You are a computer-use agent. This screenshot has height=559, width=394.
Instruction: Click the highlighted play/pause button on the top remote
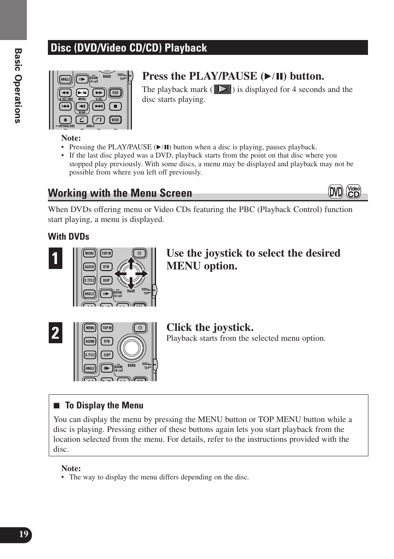click(x=82, y=93)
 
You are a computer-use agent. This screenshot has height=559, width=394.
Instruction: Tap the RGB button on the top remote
click(x=115, y=93)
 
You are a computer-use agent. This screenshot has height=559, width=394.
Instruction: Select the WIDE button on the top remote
click(x=115, y=120)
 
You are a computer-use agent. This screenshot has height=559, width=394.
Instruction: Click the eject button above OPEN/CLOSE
click(x=65, y=120)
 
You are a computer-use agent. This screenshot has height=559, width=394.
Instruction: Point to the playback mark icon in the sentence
click(x=223, y=89)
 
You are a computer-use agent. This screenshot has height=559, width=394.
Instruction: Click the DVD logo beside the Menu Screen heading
click(x=335, y=192)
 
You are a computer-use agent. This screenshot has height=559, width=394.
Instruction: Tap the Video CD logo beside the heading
click(x=354, y=192)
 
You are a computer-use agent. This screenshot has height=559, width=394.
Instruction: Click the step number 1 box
click(x=55, y=259)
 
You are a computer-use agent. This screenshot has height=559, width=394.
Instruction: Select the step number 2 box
click(x=55, y=333)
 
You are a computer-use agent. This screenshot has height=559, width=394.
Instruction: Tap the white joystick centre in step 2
click(x=132, y=348)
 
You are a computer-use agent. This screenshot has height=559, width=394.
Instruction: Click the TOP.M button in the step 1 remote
click(x=107, y=253)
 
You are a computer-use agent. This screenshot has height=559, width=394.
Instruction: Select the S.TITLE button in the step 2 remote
click(x=90, y=355)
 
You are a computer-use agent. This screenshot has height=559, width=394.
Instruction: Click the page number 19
click(x=24, y=534)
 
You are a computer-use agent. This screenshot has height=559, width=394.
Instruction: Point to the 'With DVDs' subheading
click(x=69, y=237)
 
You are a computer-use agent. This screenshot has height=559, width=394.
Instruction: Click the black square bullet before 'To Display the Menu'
click(x=57, y=406)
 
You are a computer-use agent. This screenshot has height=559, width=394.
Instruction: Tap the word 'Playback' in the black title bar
click(x=186, y=48)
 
